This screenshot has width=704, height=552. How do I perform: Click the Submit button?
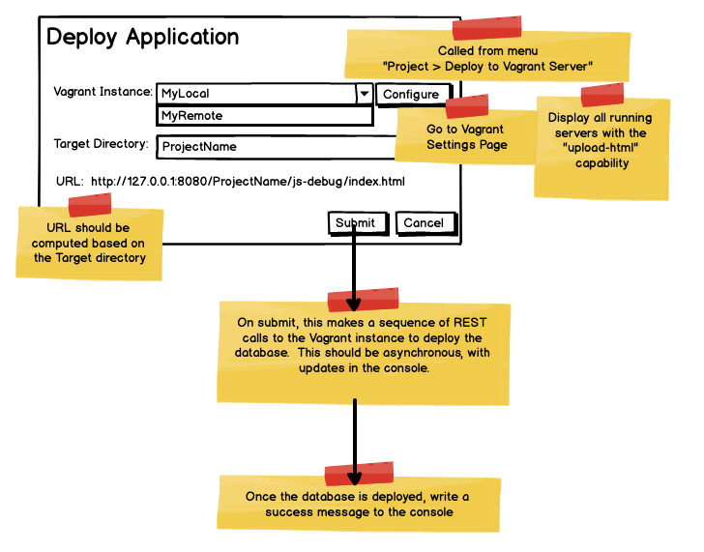355,223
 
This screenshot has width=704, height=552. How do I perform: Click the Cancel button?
424,223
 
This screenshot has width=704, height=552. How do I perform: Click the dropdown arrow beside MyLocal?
364,94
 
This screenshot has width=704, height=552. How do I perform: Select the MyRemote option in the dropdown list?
264,116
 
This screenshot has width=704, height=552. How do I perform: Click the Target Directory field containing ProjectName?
276,147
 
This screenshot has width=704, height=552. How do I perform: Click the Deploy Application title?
143,37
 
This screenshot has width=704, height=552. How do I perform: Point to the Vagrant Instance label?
103,93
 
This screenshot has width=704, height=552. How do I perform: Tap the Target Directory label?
101,145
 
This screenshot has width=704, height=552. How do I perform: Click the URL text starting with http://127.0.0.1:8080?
248,181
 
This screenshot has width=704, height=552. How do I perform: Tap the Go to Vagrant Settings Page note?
466,138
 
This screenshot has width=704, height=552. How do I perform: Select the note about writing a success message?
359,504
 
